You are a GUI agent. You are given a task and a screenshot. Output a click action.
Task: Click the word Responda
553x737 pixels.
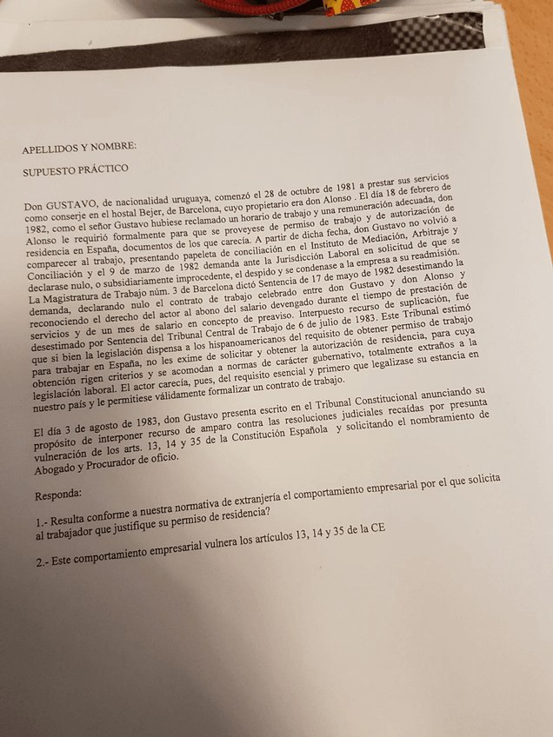pos(59,496)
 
